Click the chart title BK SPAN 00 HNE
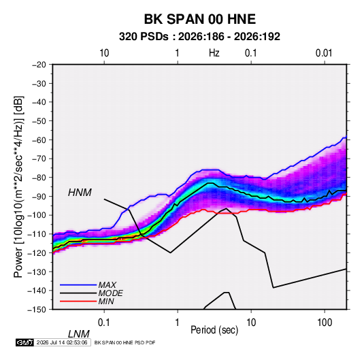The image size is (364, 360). click(x=200, y=19)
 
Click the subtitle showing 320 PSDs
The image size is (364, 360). click(x=199, y=37)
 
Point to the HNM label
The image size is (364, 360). click(x=80, y=193)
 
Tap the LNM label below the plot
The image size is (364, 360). click(x=78, y=334)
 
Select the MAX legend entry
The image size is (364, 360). click(x=107, y=284)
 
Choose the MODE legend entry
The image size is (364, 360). click(x=110, y=293)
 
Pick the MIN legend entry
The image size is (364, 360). click(x=106, y=301)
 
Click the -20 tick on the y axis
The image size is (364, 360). click(x=39, y=65)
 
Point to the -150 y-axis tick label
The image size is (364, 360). click(x=37, y=310)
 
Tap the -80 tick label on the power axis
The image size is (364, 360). click(x=39, y=178)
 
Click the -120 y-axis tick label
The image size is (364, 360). click(x=37, y=253)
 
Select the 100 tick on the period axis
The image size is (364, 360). click(x=325, y=323)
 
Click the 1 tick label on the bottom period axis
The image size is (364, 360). click(x=178, y=323)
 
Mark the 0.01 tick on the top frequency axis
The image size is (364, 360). click(x=324, y=53)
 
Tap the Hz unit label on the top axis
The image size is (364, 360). click(x=214, y=53)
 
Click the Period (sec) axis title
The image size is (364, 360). click(x=214, y=329)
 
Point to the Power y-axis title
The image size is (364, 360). click(x=18, y=187)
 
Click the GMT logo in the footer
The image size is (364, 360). click(x=24, y=342)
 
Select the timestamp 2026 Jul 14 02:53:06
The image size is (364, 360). click(x=62, y=342)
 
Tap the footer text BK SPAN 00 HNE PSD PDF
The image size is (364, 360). click(x=125, y=342)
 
